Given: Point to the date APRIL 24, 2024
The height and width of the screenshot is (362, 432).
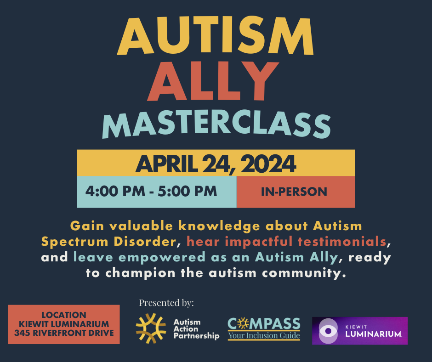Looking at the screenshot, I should click(216, 164).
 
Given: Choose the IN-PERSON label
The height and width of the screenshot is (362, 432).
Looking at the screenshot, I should click(294, 192).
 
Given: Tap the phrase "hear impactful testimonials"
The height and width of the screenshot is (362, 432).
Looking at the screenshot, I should click(285, 241).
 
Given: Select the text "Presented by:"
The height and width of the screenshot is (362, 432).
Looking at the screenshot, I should click(166, 303).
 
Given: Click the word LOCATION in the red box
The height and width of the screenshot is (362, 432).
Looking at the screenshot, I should click(64, 315).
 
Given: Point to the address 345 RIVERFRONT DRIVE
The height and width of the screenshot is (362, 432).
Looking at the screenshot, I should click(64, 333).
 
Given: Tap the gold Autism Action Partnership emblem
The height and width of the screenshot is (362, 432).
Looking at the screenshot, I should click(151, 328).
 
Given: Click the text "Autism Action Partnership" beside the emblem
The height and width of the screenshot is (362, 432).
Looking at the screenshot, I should click(196, 329).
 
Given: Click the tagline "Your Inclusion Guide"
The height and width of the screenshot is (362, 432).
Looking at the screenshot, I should click(264, 336).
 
